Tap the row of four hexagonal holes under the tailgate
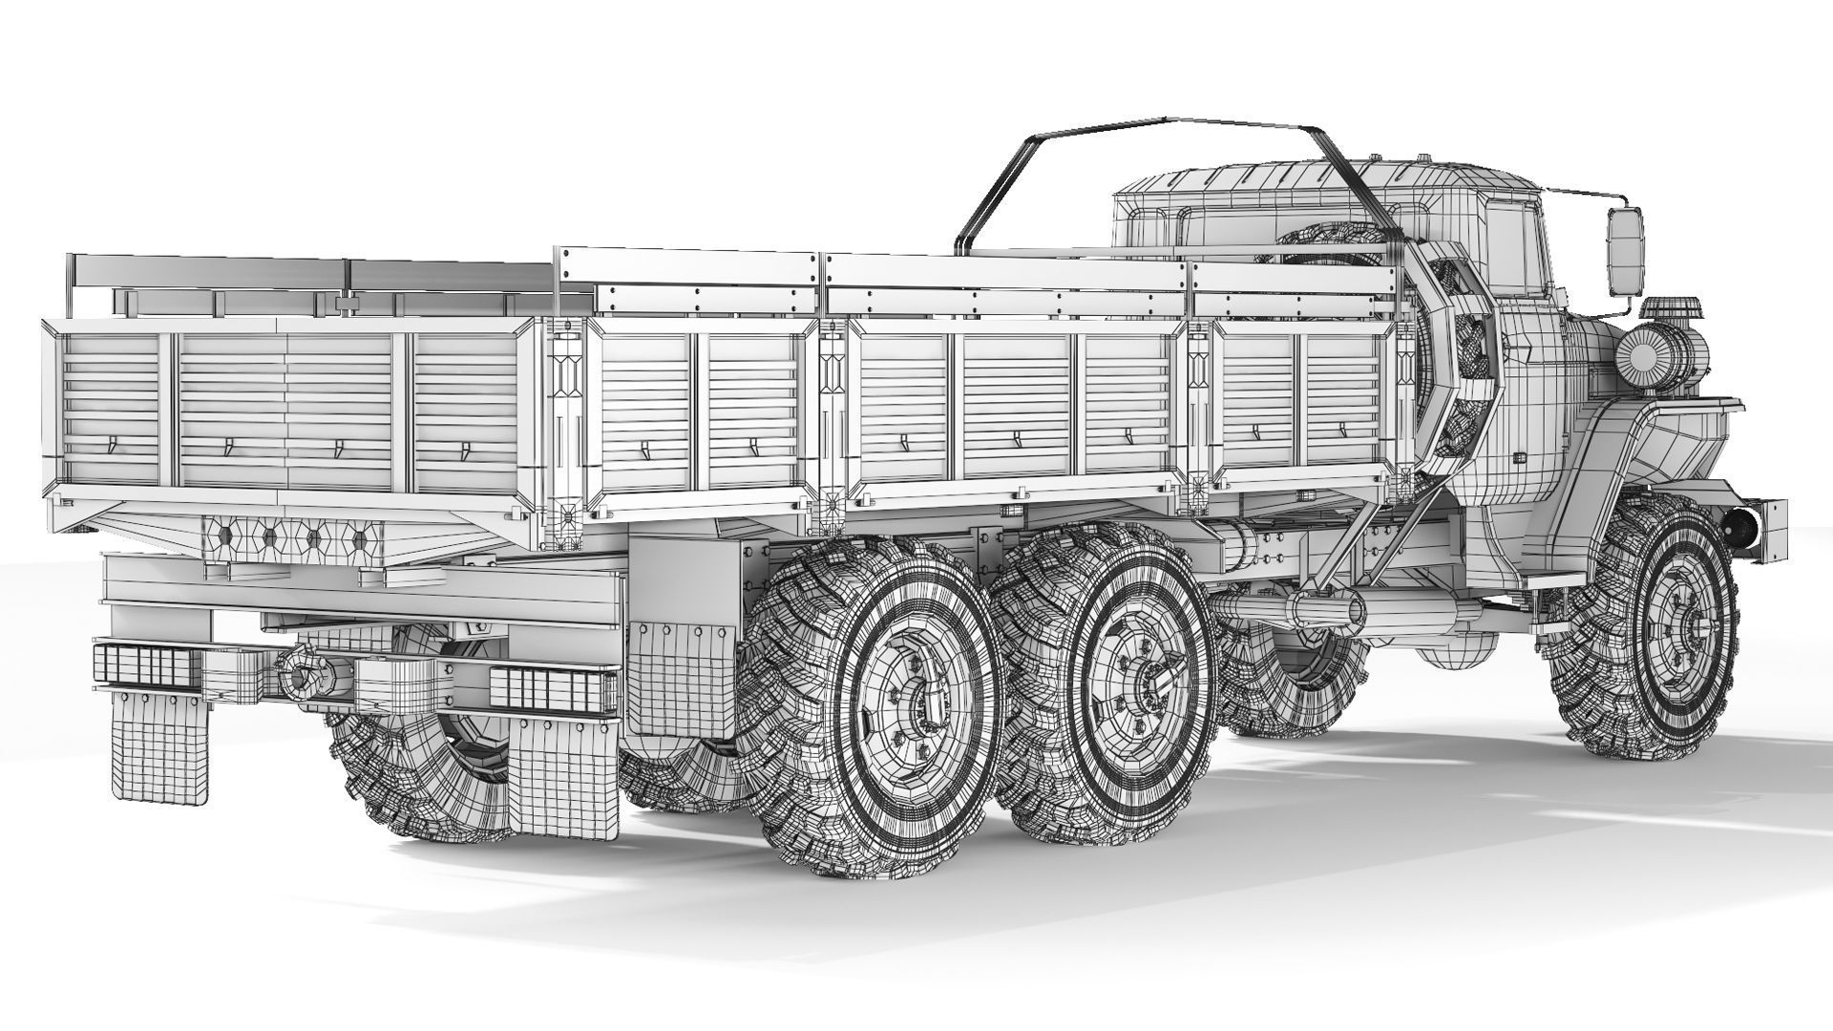291,538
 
